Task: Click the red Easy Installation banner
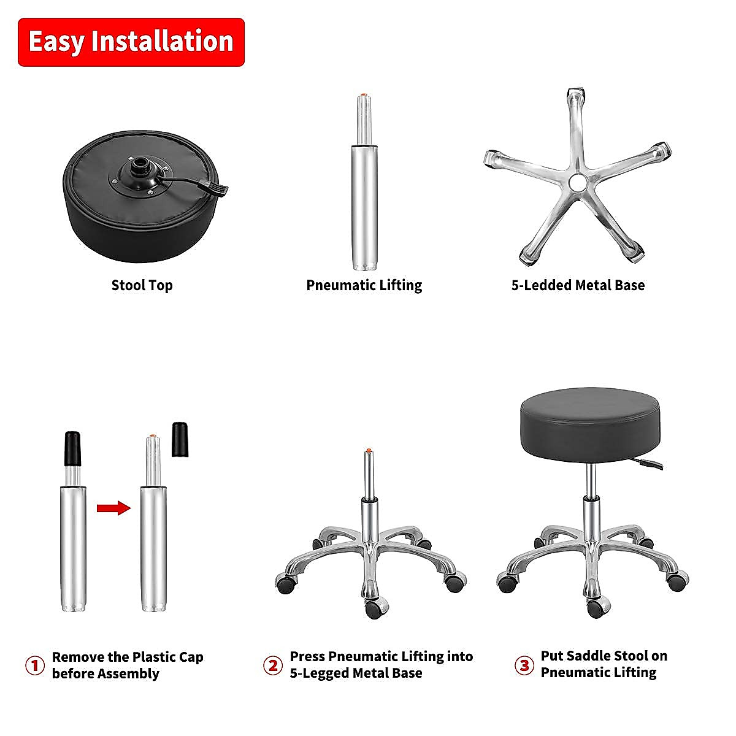(131, 42)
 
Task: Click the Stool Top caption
(142, 285)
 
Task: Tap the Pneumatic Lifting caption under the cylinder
(364, 285)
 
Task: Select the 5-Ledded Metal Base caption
(578, 285)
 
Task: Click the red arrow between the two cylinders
(113, 508)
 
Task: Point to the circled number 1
(35, 665)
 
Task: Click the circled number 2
(273, 665)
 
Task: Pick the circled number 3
(524, 665)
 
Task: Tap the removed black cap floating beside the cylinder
(180, 439)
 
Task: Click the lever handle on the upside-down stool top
(218, 190)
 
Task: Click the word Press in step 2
(307, 656)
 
